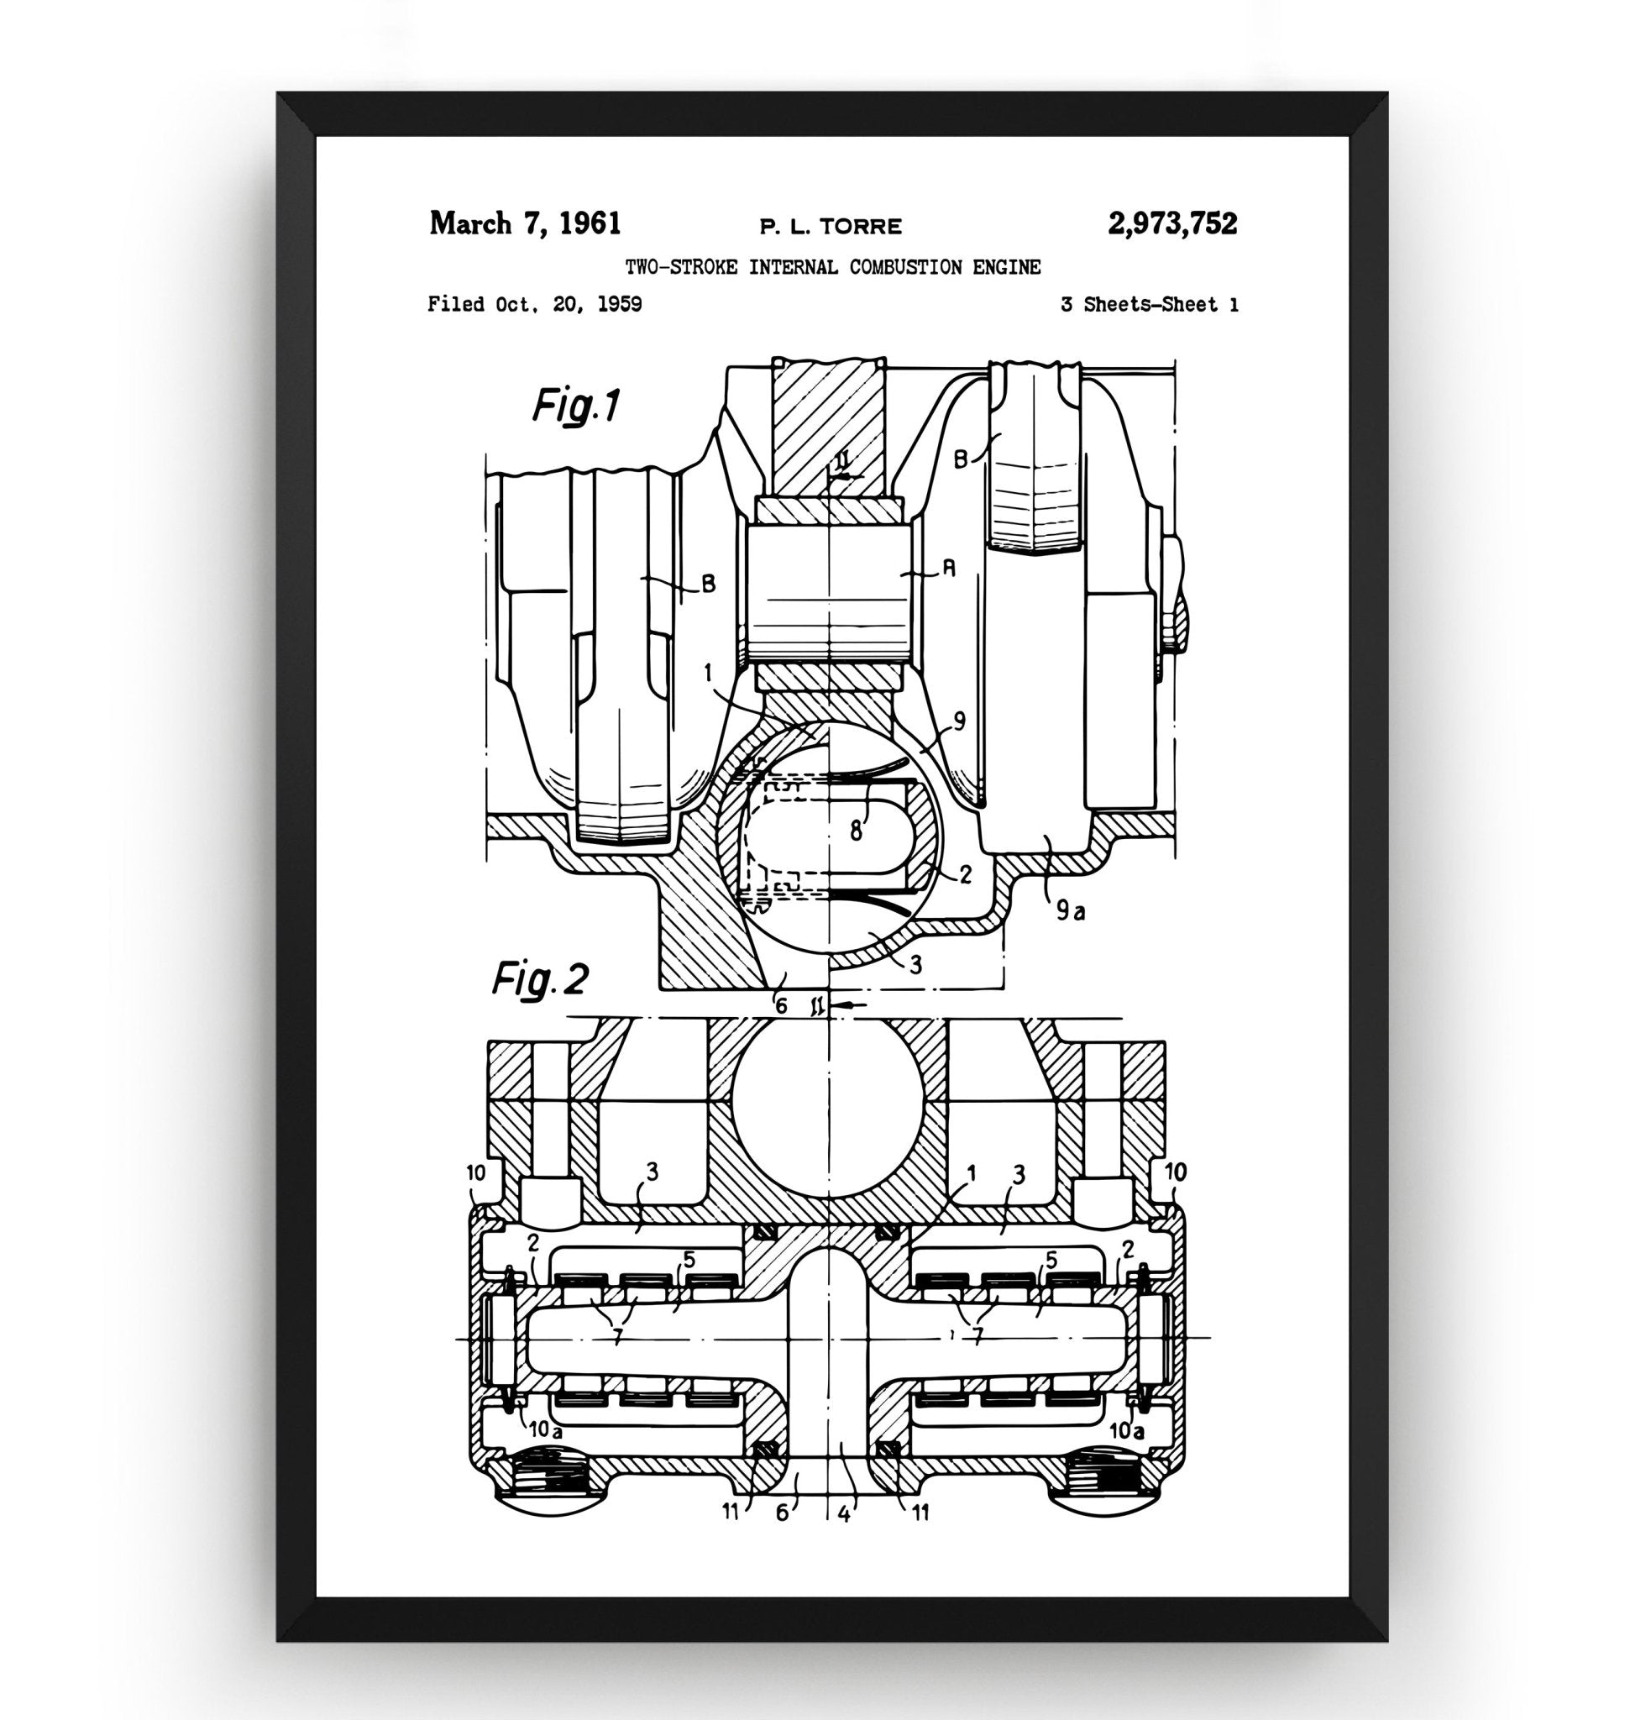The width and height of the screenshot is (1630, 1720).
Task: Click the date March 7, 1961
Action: click(525, 224)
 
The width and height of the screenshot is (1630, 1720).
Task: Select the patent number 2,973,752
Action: click(1172, 224)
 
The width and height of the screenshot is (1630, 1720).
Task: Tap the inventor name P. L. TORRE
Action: click(831, 228)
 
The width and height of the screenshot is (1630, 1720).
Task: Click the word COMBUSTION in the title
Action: click(905, 268)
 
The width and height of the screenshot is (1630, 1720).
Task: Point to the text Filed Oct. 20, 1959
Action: click(534, 305)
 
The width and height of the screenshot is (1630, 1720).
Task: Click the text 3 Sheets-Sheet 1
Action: click(1149, 305)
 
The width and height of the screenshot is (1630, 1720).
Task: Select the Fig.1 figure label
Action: click(576, 405)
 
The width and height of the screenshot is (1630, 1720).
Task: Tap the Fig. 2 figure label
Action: click(541, 979)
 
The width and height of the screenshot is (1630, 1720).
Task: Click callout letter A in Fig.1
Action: click(949, 569)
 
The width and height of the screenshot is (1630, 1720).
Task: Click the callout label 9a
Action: click(1072, 911)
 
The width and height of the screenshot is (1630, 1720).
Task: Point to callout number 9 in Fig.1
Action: click(959, 721)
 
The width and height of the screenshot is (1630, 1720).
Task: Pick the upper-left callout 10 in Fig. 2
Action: click(475, 1172)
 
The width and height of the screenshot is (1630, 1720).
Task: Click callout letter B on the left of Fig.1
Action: click(708, 585)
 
